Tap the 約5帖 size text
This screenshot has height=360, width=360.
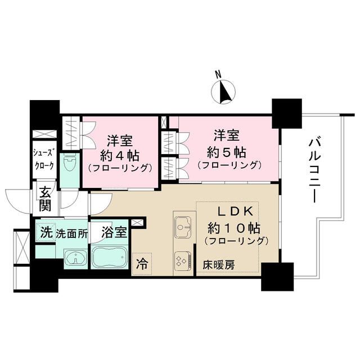[x=228, y=151]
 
